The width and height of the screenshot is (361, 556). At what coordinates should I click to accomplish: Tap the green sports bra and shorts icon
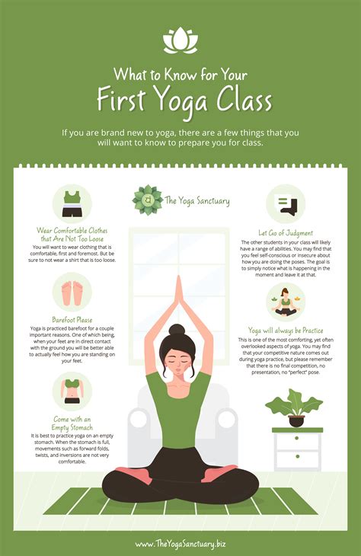coord(72,203)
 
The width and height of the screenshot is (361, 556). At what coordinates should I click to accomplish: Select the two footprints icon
coord(72,292)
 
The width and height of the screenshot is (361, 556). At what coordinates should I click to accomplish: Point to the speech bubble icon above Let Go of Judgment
coord(286,205)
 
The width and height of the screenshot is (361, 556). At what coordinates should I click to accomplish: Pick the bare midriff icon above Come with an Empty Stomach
coord(72,390)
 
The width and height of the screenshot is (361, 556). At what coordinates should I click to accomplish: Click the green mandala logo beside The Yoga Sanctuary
coord(147,200)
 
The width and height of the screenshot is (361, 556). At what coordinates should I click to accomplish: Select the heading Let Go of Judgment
coord(286,233)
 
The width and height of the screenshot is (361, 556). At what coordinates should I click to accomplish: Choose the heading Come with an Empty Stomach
coord(72,423)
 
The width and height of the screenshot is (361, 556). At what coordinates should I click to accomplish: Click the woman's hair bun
coord(178,331)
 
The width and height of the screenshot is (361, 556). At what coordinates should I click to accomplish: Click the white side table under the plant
coord(297,449)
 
